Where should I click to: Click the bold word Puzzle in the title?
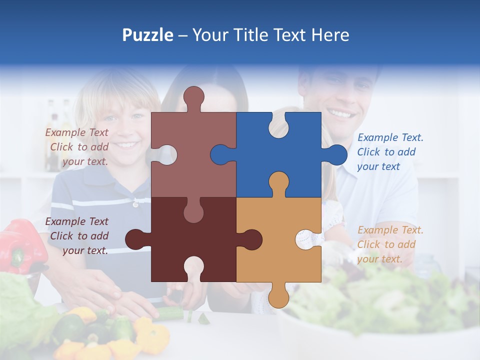click(x=148, y=35)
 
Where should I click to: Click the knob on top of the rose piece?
click(x=193, y=97)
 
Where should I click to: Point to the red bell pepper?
click(x=22, y=245)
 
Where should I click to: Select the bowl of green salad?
click(x=380, y=310)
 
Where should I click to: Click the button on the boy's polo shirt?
click(x=135, y=204)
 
